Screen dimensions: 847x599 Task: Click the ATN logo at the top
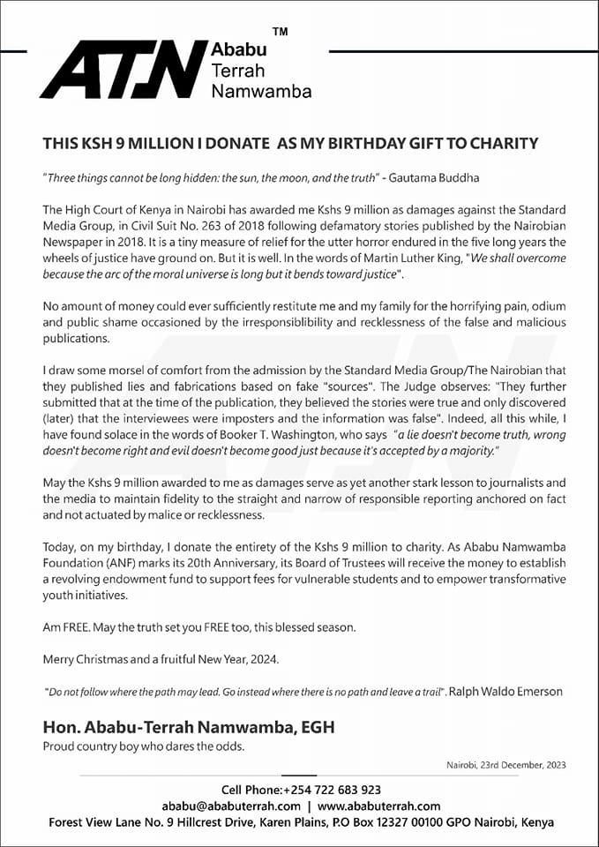[124, 70]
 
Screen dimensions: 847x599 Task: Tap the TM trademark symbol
[280, 33]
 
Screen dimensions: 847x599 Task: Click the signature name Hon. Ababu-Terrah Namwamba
[189, 727]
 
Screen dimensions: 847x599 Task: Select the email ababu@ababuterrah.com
[231, 806]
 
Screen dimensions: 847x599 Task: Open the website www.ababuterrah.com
[378, 806]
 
